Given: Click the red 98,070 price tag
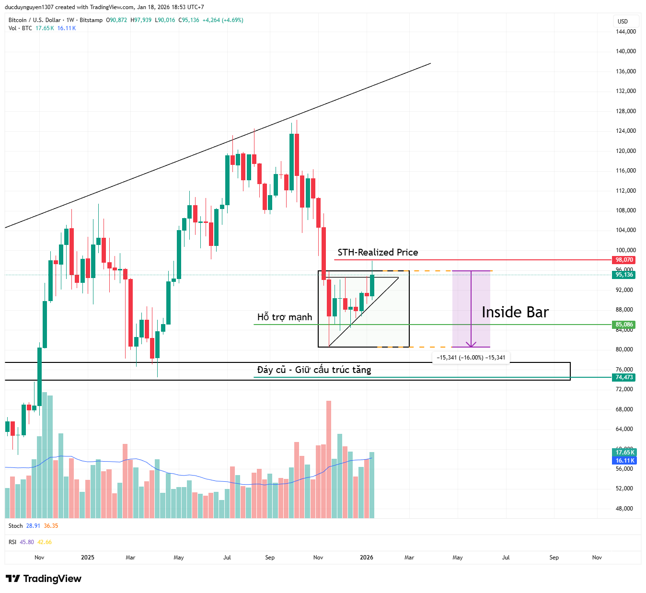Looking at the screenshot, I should coord(624,260).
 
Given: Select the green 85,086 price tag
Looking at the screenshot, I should coord(624,325).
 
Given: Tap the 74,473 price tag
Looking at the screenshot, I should coord(624,377).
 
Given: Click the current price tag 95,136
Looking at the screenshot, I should coord(624,275).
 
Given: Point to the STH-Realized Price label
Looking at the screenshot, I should coord(378,252).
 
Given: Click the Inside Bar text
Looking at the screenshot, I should coord(515,312).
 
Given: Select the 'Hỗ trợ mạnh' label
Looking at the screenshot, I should coord(285,317).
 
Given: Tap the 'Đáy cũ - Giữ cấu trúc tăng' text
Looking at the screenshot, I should coord(314,370).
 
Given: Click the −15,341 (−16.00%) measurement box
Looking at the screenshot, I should coord(471,358).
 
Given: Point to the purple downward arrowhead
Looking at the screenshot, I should coord(472,344).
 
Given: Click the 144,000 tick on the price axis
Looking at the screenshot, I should coord(626,32).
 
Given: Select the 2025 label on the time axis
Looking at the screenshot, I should coord(88,558).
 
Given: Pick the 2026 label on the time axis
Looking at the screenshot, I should coord(367,558).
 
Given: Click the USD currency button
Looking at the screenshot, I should coord(623,21).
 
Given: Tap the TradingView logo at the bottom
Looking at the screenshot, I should coord(44,579).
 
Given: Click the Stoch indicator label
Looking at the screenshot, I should coord(15,526).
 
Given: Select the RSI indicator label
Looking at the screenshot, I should coord(12,542).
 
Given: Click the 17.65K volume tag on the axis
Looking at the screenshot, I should coord(624,453).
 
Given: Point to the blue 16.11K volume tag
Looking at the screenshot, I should coord(624,461).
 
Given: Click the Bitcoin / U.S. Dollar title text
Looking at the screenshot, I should coord(35,20).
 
